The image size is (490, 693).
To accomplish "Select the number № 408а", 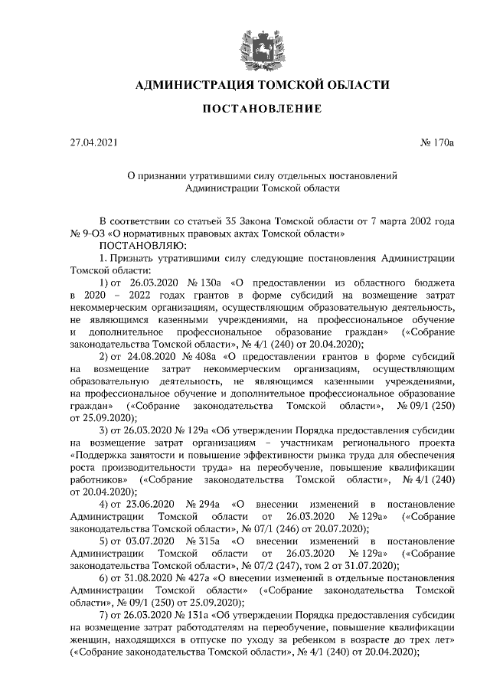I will (x=200, y=357).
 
